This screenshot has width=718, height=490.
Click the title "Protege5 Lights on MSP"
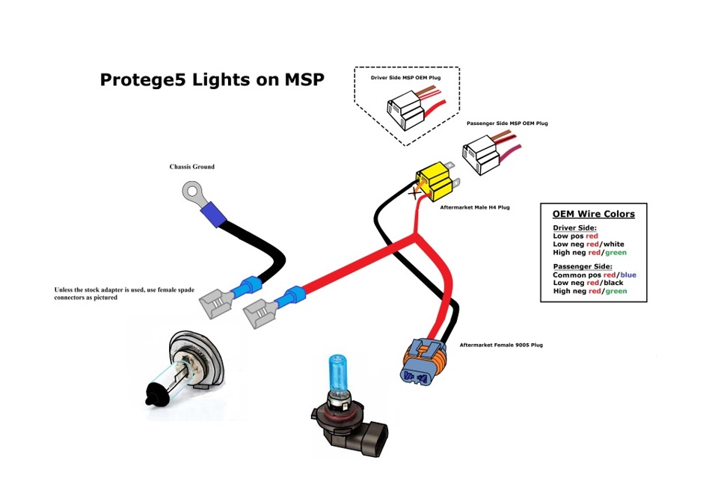click(212, 80)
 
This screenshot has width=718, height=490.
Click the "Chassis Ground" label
click(192, 167)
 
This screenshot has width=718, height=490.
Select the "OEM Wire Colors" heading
click(594, 214)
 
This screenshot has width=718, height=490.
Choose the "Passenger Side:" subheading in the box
click(583, 266)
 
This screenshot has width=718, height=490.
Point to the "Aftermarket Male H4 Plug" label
click(476, 207)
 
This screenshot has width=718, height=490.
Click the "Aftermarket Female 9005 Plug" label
click(501, 346)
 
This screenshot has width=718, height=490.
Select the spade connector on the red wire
click(263, 307)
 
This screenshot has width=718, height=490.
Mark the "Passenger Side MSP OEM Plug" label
click(507, 123)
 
